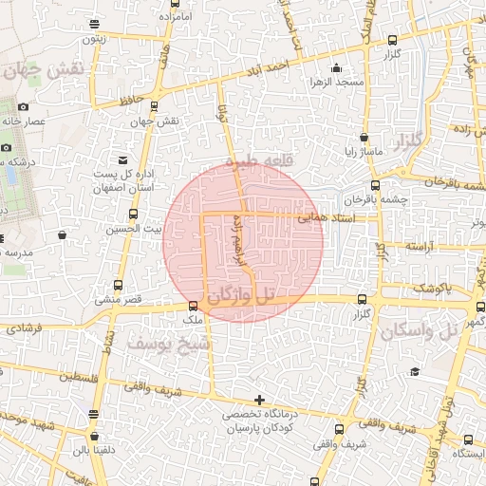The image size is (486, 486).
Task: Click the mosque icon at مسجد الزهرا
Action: coord(336,67)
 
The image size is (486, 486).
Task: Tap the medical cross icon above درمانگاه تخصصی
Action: coord(259,400)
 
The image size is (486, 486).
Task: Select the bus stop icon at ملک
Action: coord(194,306)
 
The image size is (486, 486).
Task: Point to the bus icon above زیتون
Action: coord(93,24)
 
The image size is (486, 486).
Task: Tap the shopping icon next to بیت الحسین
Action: coord(63,234)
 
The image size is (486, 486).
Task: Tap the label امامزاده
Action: coord(175,17)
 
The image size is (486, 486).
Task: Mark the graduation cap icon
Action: coord(415,371)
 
